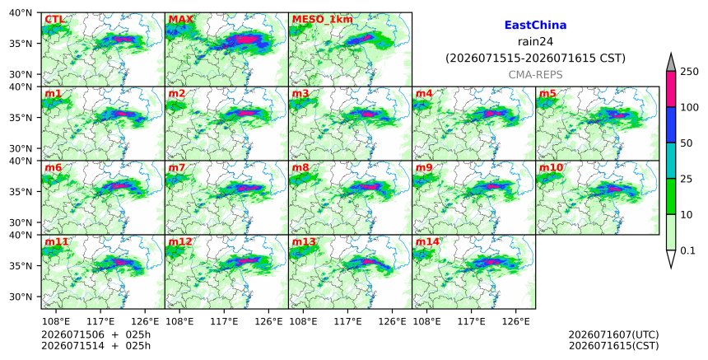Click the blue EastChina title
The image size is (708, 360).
coord(535,26)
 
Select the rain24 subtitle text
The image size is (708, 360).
coord(535,41)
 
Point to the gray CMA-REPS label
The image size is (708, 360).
coord(535,75)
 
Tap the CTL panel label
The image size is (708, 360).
coord(54,20)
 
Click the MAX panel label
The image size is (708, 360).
coord(180,20)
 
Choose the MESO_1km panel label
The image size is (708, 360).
coord(323,20)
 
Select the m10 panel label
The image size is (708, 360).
coord(551,167)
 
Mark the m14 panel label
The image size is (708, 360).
coord(427,241)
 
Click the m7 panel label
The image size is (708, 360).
coord(176,167)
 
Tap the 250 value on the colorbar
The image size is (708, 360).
coord(690,72)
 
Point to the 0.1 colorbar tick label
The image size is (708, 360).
coord(687,250)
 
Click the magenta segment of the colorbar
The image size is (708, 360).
coord(671,89)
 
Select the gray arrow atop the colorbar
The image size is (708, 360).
coord(671,63)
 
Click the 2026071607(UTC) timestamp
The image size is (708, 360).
coord(613,334)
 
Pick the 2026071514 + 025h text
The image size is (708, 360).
coord(95,345)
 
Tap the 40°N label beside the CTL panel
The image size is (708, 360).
coord(21,12)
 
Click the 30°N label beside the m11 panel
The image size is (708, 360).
coord(21,297)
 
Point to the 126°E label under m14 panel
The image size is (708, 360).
coord(516,321)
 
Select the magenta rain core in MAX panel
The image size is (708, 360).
coord(246,40)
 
